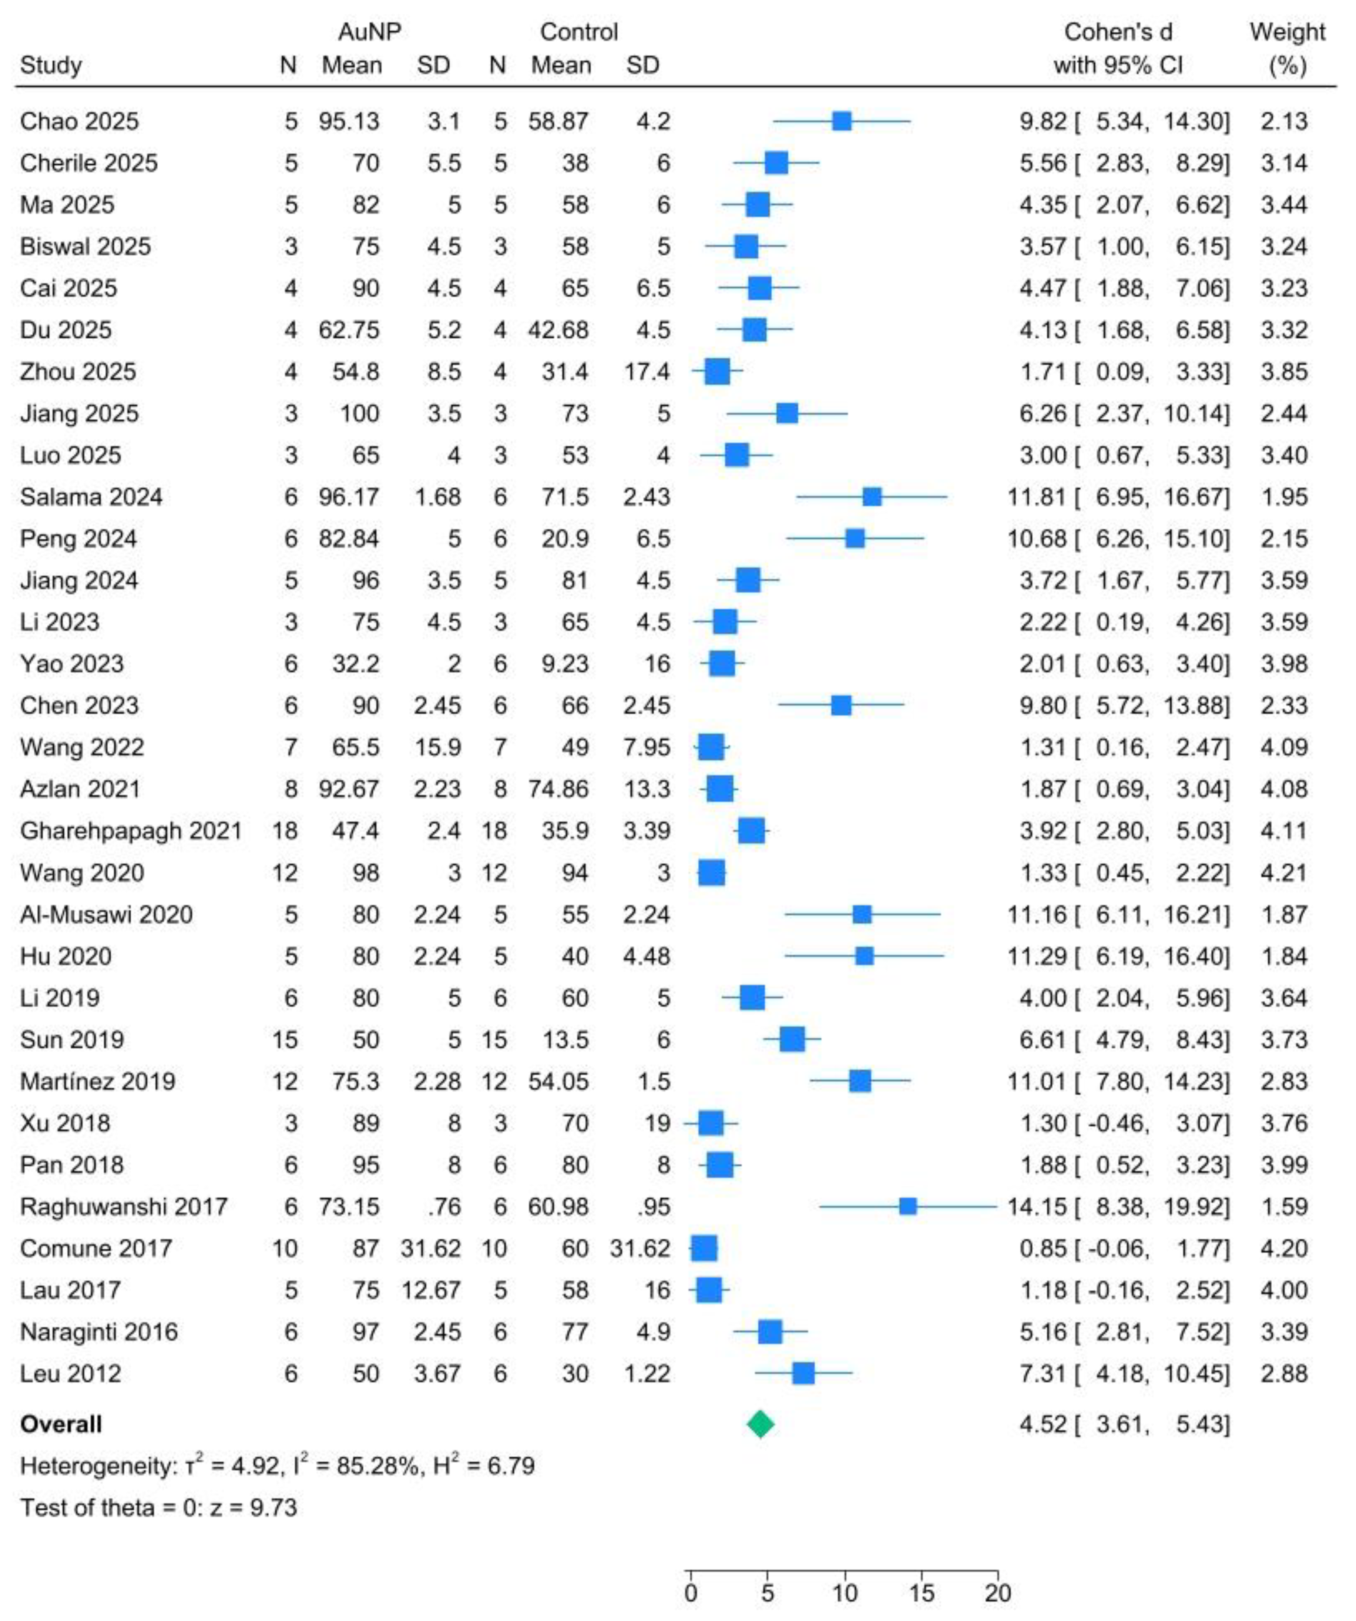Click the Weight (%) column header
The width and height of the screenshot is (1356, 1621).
(x=1286, y=48)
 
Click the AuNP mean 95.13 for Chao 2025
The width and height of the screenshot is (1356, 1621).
(x=350, y=121)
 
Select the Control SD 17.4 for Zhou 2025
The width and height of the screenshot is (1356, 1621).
(x=647, y=371)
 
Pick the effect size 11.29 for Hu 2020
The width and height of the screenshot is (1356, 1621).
(x=1037, y=956)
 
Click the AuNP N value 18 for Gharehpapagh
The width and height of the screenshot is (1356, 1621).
(x=285, y=831)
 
